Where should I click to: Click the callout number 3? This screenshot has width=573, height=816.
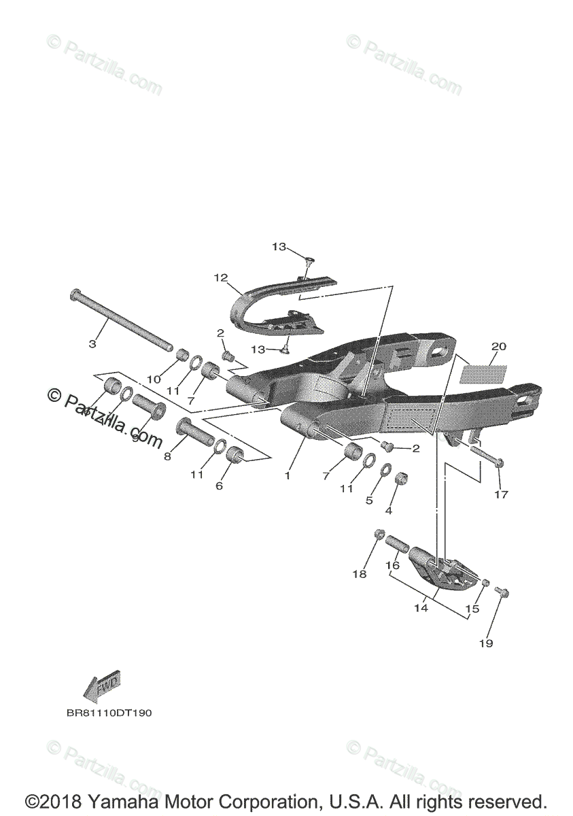click(x=92, y=344)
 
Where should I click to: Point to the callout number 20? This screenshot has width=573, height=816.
click(x=498, y=346)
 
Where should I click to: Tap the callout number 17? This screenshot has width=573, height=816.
click(x=501, y=494)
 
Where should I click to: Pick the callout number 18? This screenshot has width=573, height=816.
click(x=359, y=574)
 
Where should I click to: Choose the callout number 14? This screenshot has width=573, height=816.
click(x=421, y=608)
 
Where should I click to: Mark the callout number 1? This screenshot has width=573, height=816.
click(x=288, y=476)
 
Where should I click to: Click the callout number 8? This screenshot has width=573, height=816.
click(x=167, y=458)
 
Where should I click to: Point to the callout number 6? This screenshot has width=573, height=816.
click(x=219, y=486)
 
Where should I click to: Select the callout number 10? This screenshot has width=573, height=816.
click(x=154, y=378)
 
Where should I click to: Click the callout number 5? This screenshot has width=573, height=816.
click(x=370, y=500)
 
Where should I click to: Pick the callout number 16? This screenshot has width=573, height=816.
click(x=393, y=566)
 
